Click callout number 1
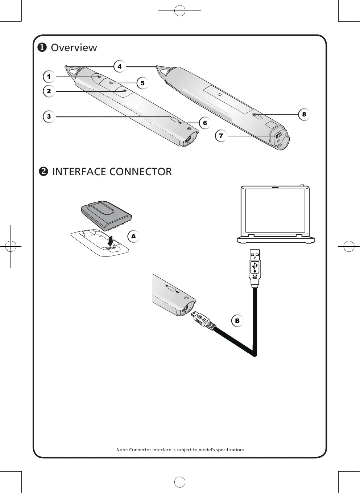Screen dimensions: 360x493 (x=49, y=77)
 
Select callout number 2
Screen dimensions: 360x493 (x=49, y=91)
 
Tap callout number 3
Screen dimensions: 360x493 (x=49, y=117)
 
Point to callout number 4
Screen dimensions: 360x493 (x=119, y=66)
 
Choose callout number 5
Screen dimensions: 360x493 (x=142, y=83)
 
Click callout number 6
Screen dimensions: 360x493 (x=205, y=123)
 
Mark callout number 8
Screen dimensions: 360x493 (x=304, y=115)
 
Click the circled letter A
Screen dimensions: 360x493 (x=133, y=237)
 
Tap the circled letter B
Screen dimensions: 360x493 (x=237, y=321)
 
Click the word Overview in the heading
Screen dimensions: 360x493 (x=74, y=48)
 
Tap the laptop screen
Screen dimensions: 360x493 (x=276, y=211)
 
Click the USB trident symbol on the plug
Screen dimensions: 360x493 (x=255, y=267)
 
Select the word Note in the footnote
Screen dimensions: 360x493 (x=121, y=450)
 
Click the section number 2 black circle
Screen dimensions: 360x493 (x=43, y=172)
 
